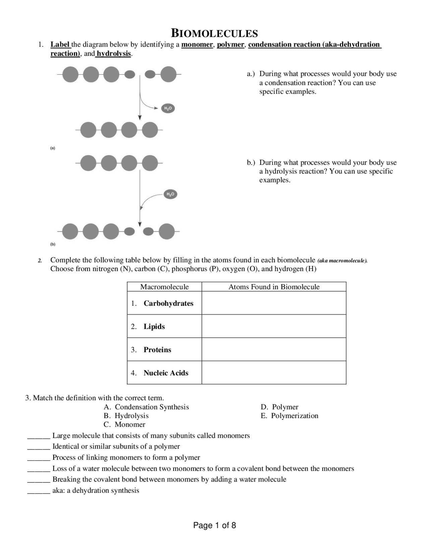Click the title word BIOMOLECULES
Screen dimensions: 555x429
[x=214, y=34]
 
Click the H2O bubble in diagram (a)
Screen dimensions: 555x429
[x=168, y=108]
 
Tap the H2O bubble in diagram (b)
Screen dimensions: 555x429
[x=170, y=194]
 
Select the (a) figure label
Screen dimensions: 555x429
[x=53, y=148]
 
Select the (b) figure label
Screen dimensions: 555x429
[x=53, y=244]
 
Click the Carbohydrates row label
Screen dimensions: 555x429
[x=168, y=303]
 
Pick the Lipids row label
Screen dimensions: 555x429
[x=154, y=326]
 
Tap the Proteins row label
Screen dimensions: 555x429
[x=157, y=350]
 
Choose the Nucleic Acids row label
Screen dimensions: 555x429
[x=166, y=373]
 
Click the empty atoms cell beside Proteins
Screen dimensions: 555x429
[x=274, y=350]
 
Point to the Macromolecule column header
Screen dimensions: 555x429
[x=164, y=287]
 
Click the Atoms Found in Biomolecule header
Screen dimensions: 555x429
[x=274, y=287]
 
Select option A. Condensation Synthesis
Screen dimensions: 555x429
[x=146, y=407]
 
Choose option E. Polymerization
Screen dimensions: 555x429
[x=290, y=416]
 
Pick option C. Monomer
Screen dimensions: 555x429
[x=125, y=424]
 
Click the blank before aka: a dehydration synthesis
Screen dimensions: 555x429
[x=39, y=491]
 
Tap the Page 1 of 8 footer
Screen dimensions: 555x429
[x=214, y=525]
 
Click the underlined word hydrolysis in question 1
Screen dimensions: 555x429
[x=114, y=54]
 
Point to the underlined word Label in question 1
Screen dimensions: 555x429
[x=60, y=45]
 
